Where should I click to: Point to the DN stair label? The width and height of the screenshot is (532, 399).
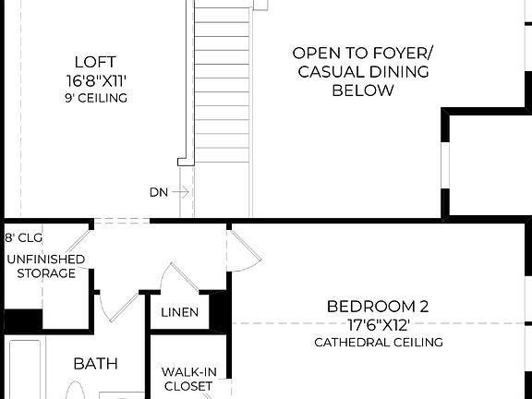pyautogui.click(x=158, y=192)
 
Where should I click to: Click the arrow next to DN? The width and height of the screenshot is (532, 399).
pyautogui.click(x=181, y=192)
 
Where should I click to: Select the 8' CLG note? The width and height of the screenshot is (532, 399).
pyautogui.click(x=25, y=237)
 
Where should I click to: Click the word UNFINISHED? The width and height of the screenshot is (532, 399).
pyautogui.click(x=45, y=260)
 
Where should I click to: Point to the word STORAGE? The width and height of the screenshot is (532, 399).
pyautogui.click(x=45, y=273)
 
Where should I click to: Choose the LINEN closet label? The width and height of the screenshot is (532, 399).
pyautogui.click(x=179, y=312)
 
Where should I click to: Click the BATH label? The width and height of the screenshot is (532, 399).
pyautogui.click(x=95, y=364)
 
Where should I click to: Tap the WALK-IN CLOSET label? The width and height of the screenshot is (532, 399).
pyautogui.click(x=188, y=379)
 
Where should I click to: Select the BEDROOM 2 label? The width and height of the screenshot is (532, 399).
pyautogui.click(x=378, y=306)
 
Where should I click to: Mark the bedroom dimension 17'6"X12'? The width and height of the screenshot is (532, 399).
pyautogui.click(x=378, y=324)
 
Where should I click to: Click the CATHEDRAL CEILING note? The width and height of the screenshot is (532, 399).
pyautogui.click(x=378, y=342)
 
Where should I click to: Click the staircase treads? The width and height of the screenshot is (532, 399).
pyautogui.click(x=221, y=92)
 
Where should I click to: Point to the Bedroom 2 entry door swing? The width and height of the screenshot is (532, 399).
pyautogui.click(x=246, y=249)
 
